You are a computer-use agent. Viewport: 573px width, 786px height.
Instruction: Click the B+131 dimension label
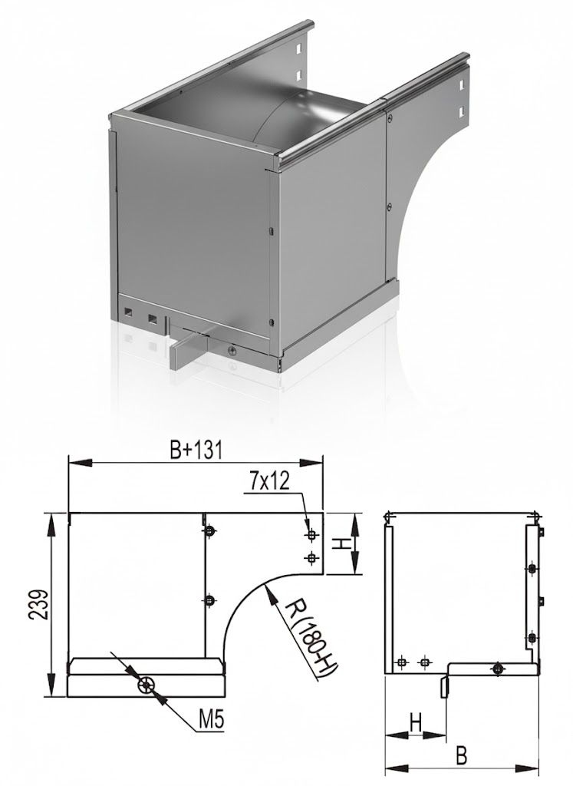[196, 450]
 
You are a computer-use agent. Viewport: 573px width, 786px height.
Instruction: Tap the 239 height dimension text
[40, 604]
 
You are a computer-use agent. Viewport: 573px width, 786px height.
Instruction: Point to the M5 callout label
[211, 721]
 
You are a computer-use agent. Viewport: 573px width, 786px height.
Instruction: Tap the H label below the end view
[416, 723]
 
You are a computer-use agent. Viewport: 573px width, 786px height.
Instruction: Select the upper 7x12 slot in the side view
[312, 535]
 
